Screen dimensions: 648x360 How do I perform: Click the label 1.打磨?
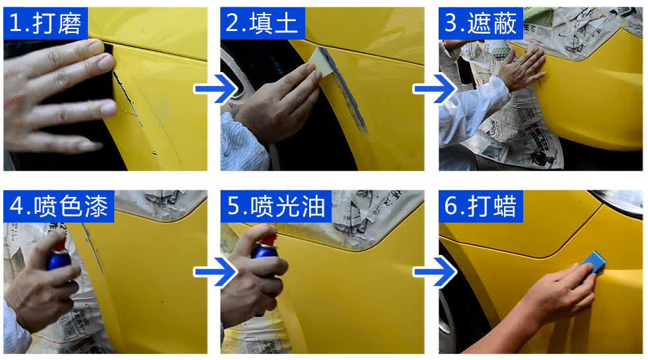pyautogui.click(x=46, y=23)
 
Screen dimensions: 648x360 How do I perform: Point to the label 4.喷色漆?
pyautogui.click(x=59, y=206)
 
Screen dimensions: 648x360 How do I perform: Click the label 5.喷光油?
pyautogui.click(x=276, y=206)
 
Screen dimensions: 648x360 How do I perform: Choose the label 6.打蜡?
pyautogui.click(x=480, y=206)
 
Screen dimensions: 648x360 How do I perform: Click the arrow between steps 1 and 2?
pyautogui.click(x=215, y=89)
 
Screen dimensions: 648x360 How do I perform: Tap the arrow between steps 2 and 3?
pyautogui.click(x=435, y=89)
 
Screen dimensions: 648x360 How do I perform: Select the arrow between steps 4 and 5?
pyautogui.click(x=215, y=272)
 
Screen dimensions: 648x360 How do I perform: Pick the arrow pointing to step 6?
pyautogui.click(x=435, y=272)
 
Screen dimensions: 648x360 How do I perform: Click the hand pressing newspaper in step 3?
pyautogui.click(x=522, y=69)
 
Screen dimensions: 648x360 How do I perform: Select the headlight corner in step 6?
pyautogui.click(x=618, y=201)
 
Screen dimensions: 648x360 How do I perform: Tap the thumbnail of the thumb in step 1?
pyautogui.click(x=96, y=48)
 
